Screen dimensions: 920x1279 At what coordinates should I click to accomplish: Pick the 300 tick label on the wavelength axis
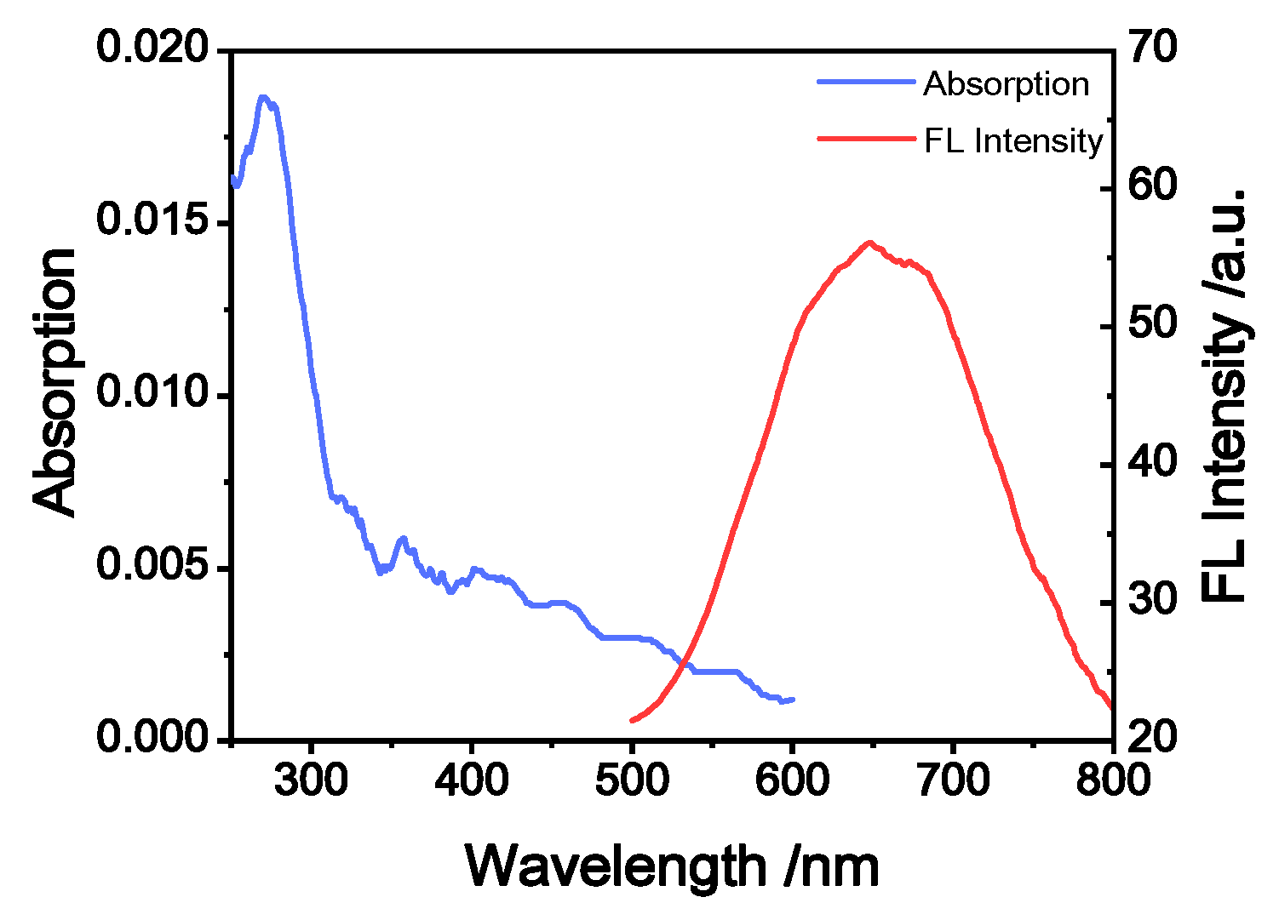pos(311,779)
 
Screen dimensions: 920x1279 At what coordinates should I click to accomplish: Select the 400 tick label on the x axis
pos(471,779)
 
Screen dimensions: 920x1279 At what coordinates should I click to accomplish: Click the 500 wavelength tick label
pos(632,779)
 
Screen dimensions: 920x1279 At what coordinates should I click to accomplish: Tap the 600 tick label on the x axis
pos(792,779)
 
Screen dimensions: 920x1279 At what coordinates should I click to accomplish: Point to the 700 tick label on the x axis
pos(953,779)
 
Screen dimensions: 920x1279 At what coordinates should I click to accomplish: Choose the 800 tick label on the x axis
pos(1113,779)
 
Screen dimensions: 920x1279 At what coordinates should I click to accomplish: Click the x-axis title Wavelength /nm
pos(672,867)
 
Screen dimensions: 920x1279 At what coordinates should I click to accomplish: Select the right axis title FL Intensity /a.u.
pos(1225,396)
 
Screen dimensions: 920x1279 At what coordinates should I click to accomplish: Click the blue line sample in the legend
pos(865,83)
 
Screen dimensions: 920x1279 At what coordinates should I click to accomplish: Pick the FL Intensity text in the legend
pos(1013,140)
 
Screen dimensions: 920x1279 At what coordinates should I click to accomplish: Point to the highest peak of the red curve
pos(869,242)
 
